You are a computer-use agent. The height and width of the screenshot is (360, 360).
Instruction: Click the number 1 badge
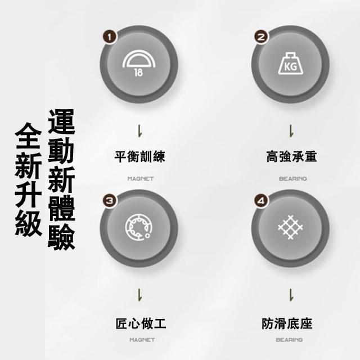[x=110, y=37]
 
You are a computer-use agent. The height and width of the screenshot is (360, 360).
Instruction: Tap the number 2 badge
[x=261, y=37]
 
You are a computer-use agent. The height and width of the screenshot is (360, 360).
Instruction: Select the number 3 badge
[x=110, y=200]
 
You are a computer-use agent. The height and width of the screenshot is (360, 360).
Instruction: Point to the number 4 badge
[x=261, y=200]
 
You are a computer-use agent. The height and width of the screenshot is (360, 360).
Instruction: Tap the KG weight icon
[x=290, y=64]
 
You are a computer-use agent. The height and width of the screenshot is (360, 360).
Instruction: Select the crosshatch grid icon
[x=290, y=227]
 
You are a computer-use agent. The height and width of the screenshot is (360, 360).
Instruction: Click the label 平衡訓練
[x=140, y=156]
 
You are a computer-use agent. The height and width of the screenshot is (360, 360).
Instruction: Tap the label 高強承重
[x=291, y=156]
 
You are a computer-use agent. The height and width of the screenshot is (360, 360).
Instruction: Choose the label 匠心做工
[x=141, y=323]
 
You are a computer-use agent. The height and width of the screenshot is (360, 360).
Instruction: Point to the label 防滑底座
[x=287, y=323]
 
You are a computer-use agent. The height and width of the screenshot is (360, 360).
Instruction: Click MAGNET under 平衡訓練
[x=141, y=178]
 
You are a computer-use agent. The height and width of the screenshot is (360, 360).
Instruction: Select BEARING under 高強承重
[x=292, y=178]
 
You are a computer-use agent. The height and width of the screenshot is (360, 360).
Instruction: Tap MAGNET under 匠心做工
[x=142, y=340]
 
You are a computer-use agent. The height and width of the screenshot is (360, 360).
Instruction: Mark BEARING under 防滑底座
[x=289, y=340]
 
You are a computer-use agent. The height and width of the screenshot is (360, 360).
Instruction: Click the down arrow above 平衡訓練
[x=139, y=131]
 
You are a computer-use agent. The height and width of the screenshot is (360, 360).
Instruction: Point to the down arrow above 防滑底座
[x=291, y=295]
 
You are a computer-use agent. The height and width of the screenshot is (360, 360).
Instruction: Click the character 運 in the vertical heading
[x=61, y=121]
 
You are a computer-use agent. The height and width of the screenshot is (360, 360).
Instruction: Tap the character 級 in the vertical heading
[x=29, y=223]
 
